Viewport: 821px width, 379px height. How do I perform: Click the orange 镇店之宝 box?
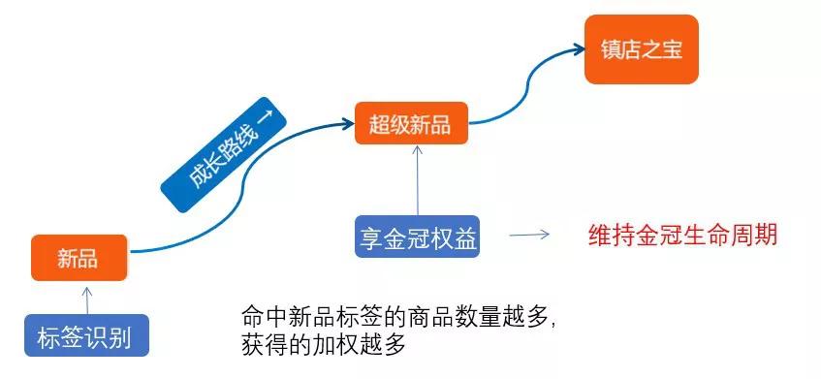click(641, 49)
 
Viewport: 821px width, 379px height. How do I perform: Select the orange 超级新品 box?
click(411, 123)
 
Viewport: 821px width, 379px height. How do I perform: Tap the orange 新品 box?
click(79, 258)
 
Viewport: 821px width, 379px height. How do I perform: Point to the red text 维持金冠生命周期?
click(683, 235)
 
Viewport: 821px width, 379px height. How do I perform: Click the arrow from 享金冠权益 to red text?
click(529, 235)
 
